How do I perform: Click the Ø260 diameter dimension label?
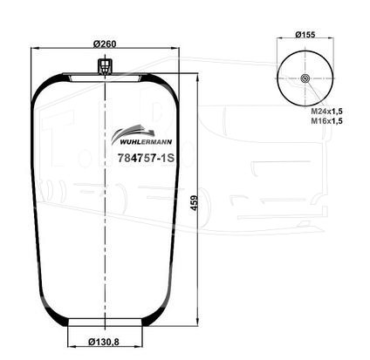point(105,44)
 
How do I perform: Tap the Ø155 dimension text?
point(305,34)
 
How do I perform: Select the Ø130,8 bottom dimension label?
point(104,343)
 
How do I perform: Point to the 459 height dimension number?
point(195,202)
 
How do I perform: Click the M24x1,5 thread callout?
point(326,111)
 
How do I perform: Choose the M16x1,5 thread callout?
point(326,121)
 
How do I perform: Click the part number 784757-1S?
point(146,158)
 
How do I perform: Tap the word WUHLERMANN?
point(146,142)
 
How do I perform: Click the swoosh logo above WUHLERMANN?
point(134,132)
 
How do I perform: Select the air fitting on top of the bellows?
point(105,67)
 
